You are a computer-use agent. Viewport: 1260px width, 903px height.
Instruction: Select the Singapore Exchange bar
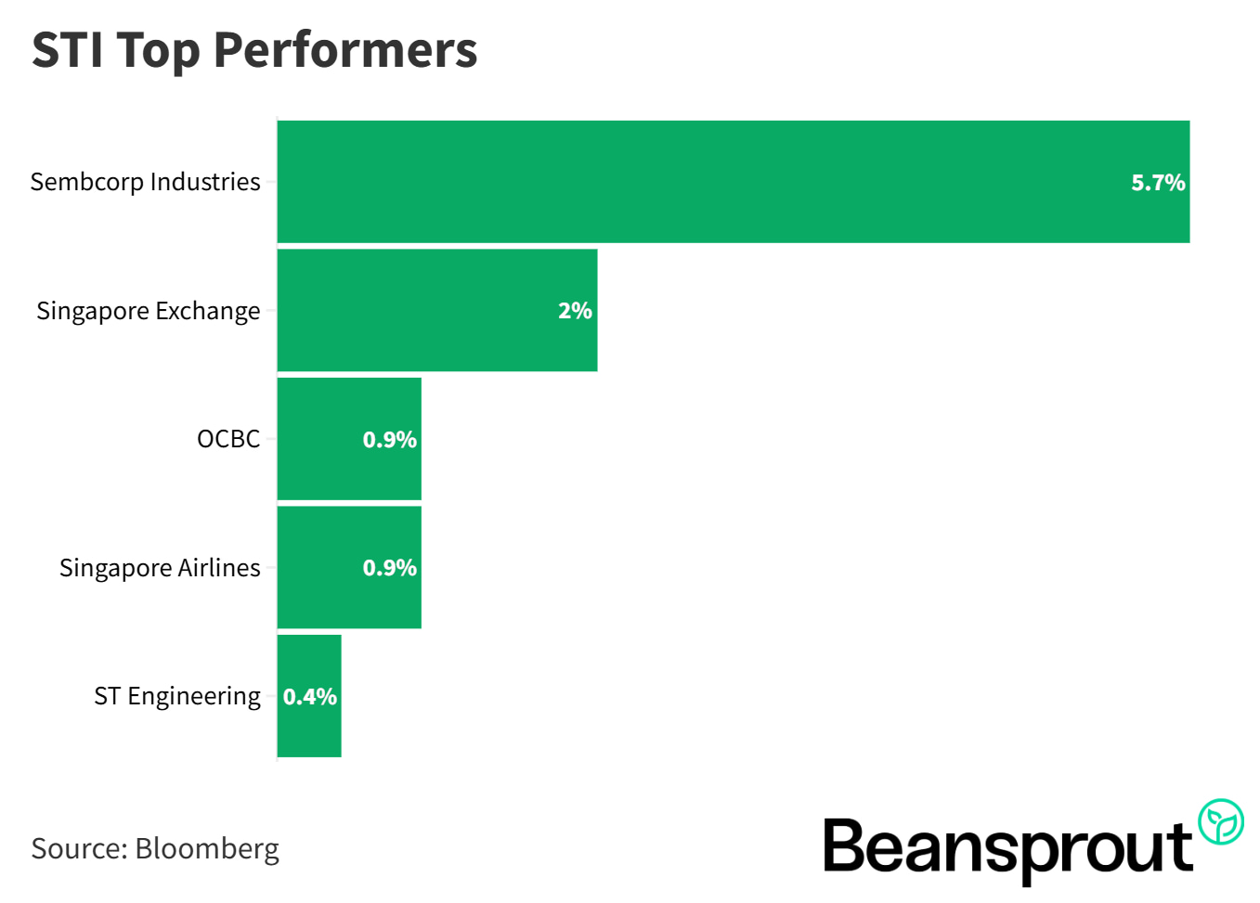coord(418,310)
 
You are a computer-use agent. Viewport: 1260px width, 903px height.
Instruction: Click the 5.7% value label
coord(1157,183)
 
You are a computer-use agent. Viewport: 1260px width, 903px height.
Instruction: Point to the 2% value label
coord(575,311)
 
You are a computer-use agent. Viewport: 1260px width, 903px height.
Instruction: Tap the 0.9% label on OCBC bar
coord(389,439)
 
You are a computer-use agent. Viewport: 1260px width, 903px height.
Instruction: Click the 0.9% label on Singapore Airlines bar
coord(389,567)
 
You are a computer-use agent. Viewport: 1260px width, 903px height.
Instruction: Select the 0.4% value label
coord(309,696)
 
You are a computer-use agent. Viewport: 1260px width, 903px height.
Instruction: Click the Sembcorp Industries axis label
coord(145,182)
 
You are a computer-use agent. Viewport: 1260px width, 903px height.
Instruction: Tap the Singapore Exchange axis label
coord(148,311)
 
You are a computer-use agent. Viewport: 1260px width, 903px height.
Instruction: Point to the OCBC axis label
coord(227,439)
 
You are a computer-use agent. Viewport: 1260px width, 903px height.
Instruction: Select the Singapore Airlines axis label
coord(160,567)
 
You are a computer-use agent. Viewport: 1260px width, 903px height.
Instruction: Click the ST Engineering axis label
coord(176,696)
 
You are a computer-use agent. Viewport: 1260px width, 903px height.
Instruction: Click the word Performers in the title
coord(344,50)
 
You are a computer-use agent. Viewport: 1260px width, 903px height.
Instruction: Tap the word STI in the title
coord(67,50)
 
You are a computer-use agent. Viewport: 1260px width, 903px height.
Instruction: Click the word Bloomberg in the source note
coord(206,848)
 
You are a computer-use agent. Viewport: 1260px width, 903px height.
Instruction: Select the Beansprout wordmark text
coord(1007,846)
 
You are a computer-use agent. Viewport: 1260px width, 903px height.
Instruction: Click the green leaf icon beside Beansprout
coord(1220,821)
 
